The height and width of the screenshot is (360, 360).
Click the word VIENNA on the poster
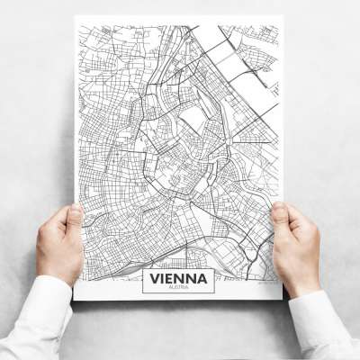(178, 278)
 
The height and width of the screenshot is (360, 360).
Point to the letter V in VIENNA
(154, 278)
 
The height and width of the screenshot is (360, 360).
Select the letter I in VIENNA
(164, 278)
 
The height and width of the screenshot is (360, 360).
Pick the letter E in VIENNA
(172, 278)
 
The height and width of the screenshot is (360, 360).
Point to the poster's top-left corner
(75, 17)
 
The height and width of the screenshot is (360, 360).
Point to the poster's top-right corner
(283, 15)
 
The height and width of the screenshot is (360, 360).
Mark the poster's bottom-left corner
(75, 300)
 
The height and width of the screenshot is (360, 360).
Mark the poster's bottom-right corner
(282, 298)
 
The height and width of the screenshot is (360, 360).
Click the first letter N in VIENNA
(183, 278)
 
